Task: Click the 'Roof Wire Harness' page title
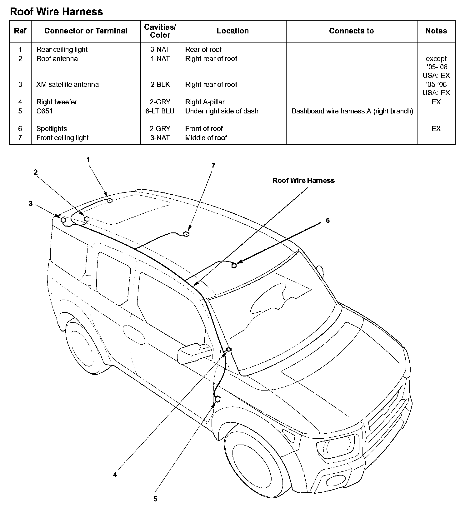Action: click(57, 12)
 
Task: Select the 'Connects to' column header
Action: click(351, 31)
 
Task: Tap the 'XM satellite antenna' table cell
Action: click(67, 85)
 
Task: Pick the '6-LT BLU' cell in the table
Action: click(160, 111)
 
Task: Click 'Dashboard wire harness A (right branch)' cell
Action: click(352, 111)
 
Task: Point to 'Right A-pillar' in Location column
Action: click(205, 102)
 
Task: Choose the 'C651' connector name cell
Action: click(45, 111)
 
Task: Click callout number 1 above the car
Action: click(88, 160)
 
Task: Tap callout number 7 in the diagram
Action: click(213, 166)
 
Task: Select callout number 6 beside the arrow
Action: click(327, 221)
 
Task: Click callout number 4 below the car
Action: click(115, 475)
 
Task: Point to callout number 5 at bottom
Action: click(155, 499)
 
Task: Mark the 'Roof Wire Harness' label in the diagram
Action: click(303, 181)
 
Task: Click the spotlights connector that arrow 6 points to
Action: click(234, 266)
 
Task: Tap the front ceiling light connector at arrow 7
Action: click(186, 234)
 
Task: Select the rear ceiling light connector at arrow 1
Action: click(110, 201)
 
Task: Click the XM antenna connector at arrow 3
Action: click(63, 220)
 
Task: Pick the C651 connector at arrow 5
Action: click(217, 399)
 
